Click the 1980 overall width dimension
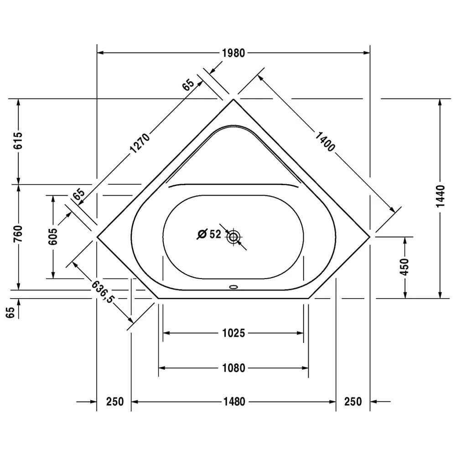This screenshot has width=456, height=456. coord(233,53)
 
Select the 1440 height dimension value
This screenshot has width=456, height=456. coord(440,196)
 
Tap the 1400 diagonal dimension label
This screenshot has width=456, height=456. coord(325,142)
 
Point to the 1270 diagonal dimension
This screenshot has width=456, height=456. coord(140,143)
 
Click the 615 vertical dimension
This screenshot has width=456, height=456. coord(18,140)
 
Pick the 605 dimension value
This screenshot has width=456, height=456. coord(53,236)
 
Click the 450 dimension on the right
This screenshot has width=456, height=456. coord(404,266)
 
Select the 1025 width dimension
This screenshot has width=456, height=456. coord(233,333)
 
